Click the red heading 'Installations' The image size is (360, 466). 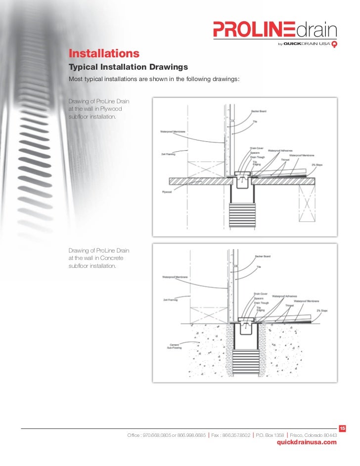pos(103,53)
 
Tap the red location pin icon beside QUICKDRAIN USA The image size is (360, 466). pos(334,44)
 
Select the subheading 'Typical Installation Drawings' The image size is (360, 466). pos(128,67)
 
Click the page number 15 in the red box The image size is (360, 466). pos(342,427)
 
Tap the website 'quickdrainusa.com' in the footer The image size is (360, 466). pos(307,442)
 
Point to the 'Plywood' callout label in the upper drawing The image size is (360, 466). pos(166,191)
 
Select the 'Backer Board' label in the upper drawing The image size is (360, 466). pos(260,111)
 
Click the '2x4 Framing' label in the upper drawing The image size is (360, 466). pos(168,154)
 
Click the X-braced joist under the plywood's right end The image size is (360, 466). pos(307,202)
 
